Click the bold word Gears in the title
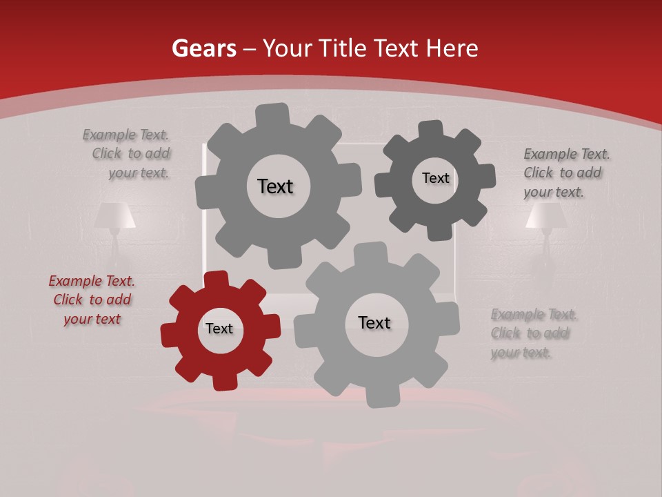click(203, 48)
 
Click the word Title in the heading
click(343, 48)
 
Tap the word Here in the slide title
click(452, 48)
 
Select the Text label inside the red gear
click(219, 329)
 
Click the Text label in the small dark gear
click(435, 178)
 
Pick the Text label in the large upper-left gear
click(275, 186)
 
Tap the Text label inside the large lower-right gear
click(374, 322)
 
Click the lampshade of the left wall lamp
click(114, 215)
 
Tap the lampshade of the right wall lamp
click(545, 215)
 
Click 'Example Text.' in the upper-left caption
click(126, 135)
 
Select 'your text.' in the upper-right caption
click(553, 193)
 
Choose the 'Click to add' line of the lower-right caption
click(530, 333)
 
